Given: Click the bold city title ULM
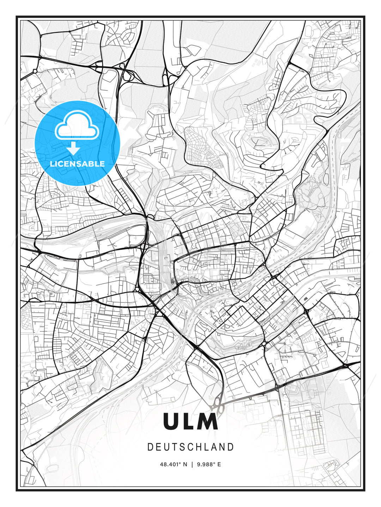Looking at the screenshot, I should pos(190,421).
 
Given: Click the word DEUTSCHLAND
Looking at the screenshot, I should pos(190,447).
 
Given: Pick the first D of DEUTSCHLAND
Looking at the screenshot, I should pos(150,447).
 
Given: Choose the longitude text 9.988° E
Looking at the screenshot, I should pos(208,464).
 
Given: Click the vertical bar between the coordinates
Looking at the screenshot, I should pos(192,464).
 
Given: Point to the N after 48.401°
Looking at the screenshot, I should pos(186,464).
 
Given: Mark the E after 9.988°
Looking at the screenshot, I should pos(219,464).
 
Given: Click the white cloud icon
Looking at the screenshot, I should pos(76,126).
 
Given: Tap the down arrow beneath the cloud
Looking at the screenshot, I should pos(73,148).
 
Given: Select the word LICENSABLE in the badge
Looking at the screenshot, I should pos(77,164).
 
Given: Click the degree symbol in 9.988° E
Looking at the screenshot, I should pos(214,463).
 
